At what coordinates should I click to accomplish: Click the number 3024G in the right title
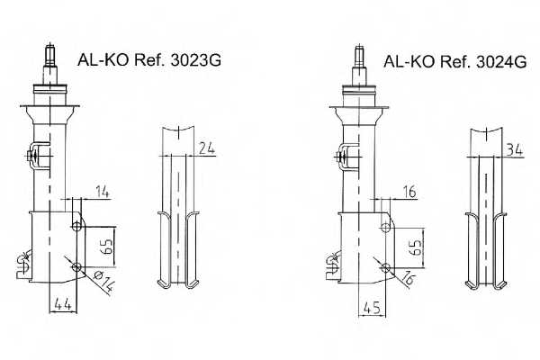click(x=499, y=62)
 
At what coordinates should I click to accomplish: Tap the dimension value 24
click(x=208, y=148)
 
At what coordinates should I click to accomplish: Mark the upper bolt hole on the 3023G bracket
click(x=76, y=223)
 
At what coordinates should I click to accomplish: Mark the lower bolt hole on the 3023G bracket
click(x=76, y=266)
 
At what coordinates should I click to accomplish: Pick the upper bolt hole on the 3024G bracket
click(x=386, y=224)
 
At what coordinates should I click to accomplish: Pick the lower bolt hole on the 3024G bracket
click(x=386, y=266)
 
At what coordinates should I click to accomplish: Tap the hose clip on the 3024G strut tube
click(x=343, y=156)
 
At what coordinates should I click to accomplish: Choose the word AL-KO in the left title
click(x=102, y=62)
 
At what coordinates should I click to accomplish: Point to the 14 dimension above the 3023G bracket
click(x=100, y=192)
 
